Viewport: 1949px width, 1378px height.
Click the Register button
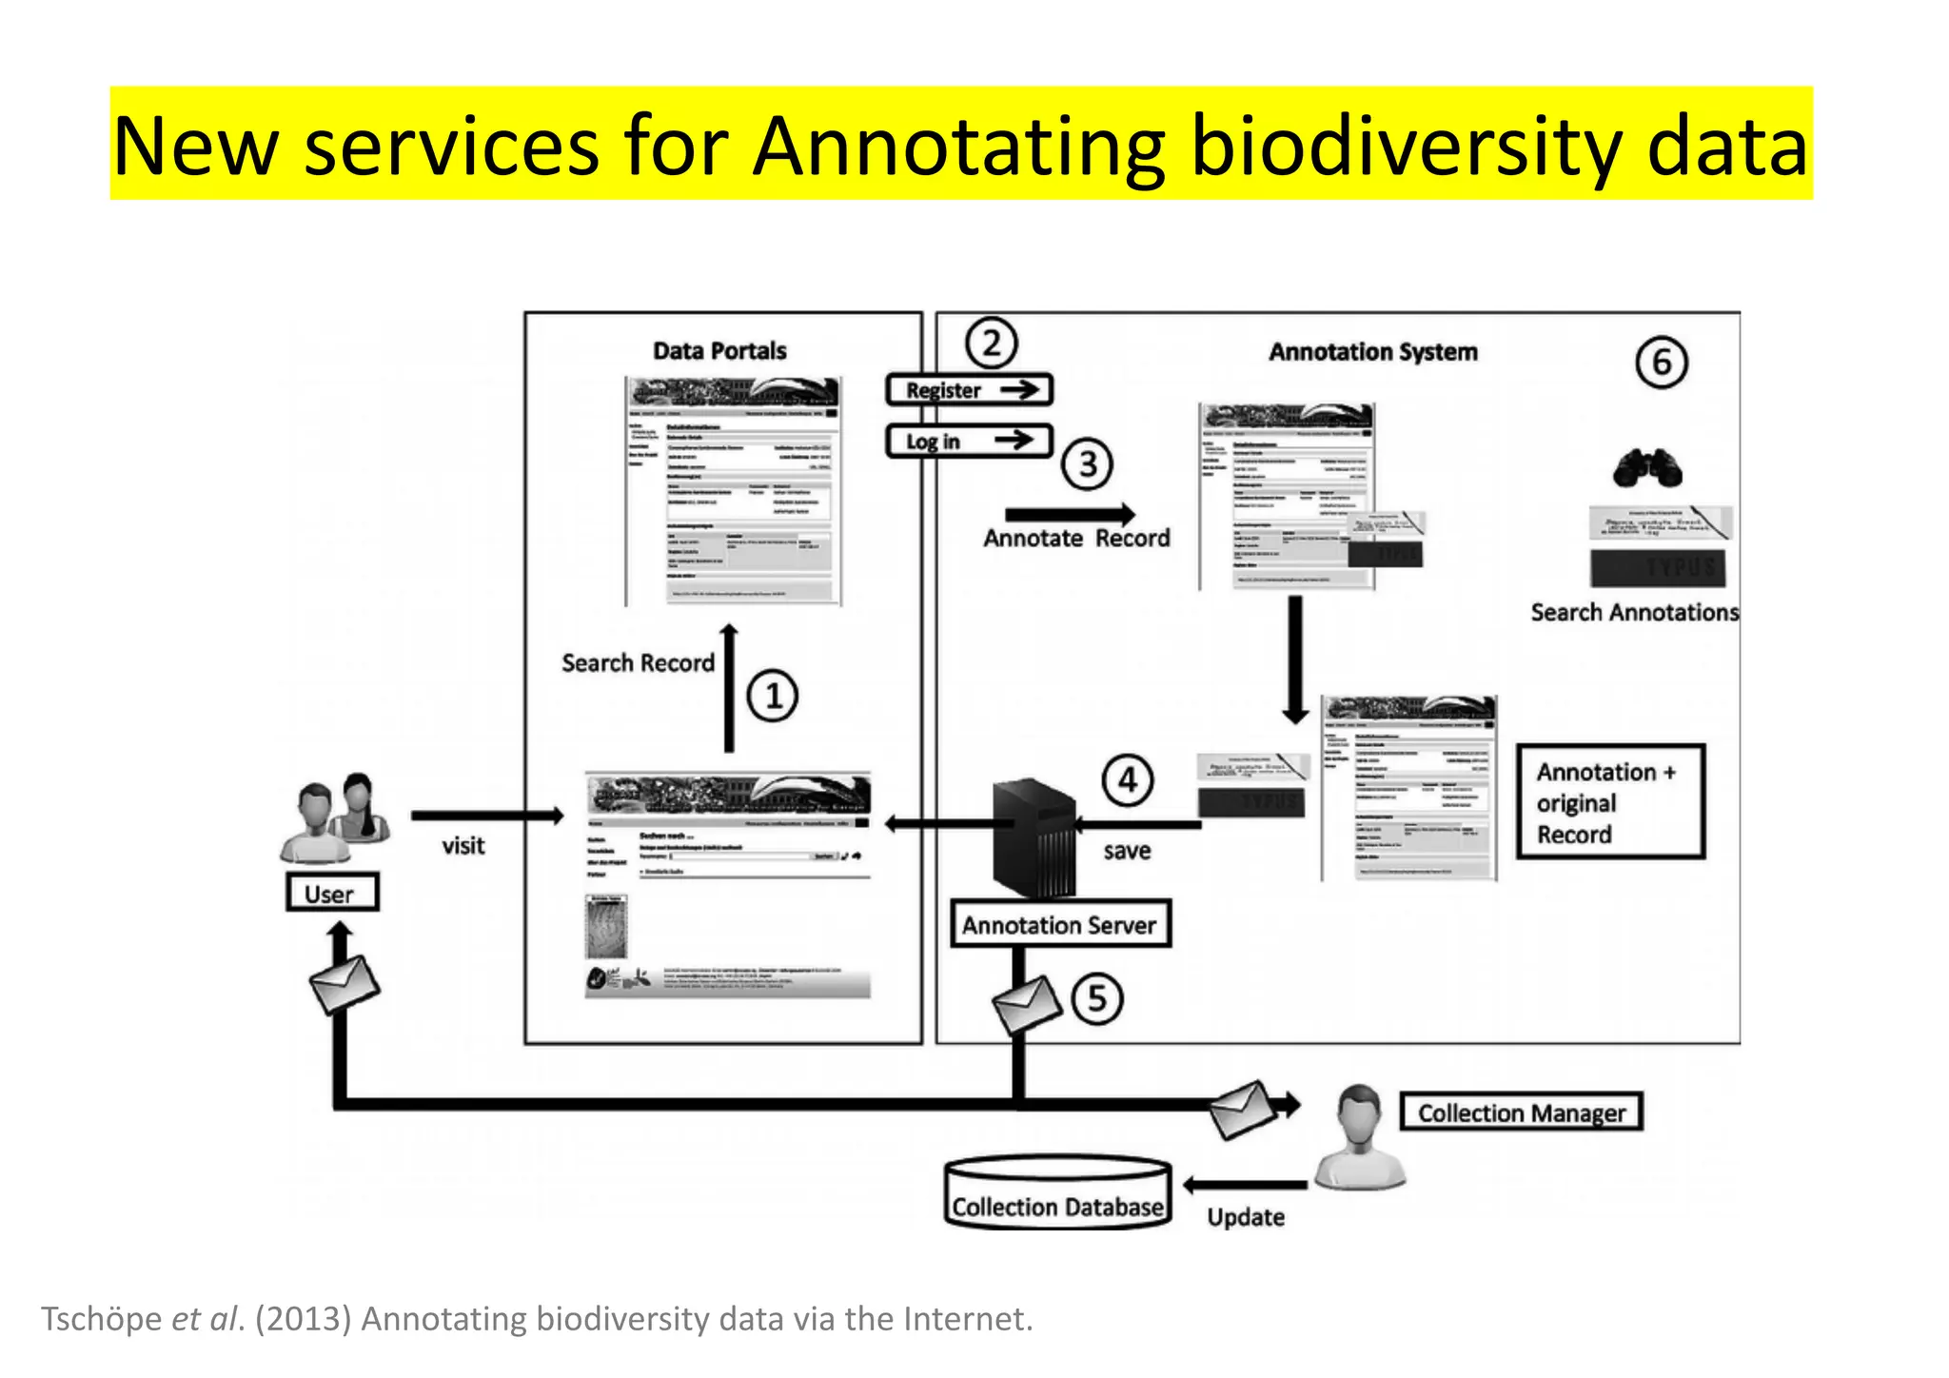969,390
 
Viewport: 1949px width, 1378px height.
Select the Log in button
969,441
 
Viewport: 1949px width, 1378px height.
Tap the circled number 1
772,696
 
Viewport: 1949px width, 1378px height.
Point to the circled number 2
992,344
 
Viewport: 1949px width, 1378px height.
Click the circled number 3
1088,464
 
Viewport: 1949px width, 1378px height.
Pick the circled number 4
1128,780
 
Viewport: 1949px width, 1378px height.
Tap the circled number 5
1097,998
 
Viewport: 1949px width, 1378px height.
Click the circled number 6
1662,363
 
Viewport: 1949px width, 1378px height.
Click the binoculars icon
1647,468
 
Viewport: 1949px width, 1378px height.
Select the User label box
332,893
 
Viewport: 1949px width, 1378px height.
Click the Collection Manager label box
1521,1112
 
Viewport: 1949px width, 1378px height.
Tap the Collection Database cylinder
1057,1194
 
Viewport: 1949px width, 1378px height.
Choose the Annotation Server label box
1059,924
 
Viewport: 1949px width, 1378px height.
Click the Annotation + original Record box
1609,802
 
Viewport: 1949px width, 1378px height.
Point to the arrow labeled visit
487,816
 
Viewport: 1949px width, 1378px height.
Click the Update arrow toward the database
1246,1185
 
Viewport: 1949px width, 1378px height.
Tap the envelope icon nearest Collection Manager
1242,1109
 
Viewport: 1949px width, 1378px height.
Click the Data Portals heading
719,351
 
